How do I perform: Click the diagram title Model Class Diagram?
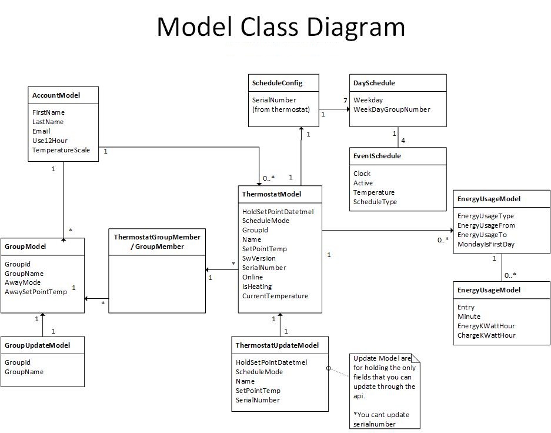click(280, 28)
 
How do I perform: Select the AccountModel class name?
click(56, 95)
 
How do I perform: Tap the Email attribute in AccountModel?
click(41, 131)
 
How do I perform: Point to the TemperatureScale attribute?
click(61, 150)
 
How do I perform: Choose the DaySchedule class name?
click(374, 83)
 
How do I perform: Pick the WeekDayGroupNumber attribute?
click(392, 109)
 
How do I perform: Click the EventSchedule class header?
click(377, 156)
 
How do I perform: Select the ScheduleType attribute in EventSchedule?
click(375, 202)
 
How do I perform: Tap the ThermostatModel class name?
click(272, 194)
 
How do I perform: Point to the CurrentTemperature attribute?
click(275, 296)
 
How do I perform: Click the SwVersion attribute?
click(259, 258)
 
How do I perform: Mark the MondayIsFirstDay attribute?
click(486, 244)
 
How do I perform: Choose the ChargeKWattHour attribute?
click(486, 335)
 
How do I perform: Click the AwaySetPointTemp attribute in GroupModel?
click(36, 292)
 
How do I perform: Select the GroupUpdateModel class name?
click(37, 345)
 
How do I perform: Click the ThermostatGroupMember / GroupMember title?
click(157, 241)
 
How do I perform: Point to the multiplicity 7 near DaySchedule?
click(346, 101)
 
